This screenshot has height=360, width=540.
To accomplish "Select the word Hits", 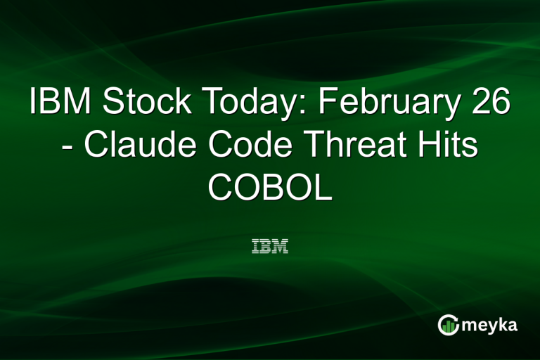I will click(445, 146).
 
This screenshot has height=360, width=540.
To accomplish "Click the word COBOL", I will click(270, 188).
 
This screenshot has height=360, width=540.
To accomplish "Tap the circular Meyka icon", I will click(448, 324).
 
